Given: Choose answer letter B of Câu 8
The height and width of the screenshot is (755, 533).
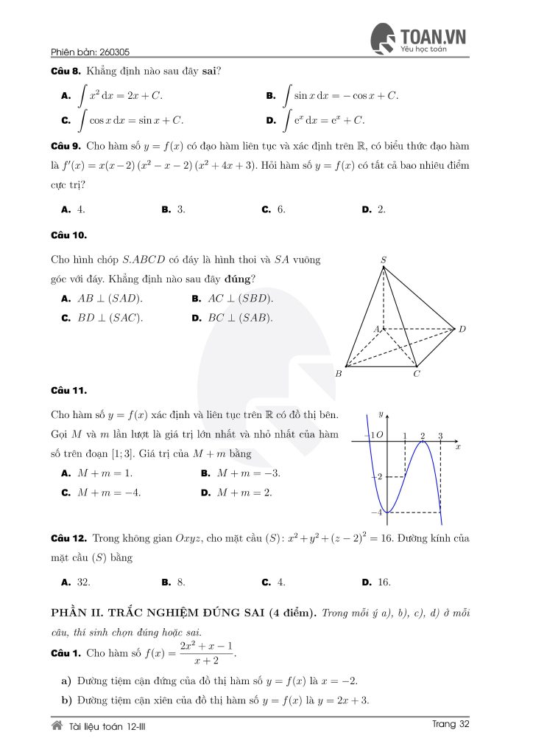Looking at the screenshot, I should [x=270, y=96].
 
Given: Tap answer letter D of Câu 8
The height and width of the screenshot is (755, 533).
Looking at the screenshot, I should [x=270, y=120].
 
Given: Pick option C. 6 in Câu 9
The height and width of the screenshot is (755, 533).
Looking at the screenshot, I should [x=273, y=209].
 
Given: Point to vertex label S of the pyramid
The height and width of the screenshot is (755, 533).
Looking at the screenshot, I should [x=384, y=260].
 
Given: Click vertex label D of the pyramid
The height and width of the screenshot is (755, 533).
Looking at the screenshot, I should [x=462, y=329].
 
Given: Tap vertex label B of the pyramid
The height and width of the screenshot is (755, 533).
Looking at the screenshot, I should [x=339, y=374].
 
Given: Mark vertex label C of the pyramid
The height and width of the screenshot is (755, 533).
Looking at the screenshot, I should [x=417, y=374].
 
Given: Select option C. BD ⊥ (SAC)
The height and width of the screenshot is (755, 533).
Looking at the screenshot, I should [x=102, y=318].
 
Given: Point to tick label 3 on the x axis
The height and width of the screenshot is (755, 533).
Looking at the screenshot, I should [x=440, y=436].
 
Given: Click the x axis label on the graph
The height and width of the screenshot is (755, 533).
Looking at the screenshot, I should [x=458, y=447].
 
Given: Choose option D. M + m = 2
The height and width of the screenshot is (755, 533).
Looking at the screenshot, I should [x=236, y=493].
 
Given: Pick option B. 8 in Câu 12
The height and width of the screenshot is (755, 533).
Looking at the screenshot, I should [x=172, y=582].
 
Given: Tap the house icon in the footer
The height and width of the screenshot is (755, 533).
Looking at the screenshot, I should [x=57, y=726].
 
